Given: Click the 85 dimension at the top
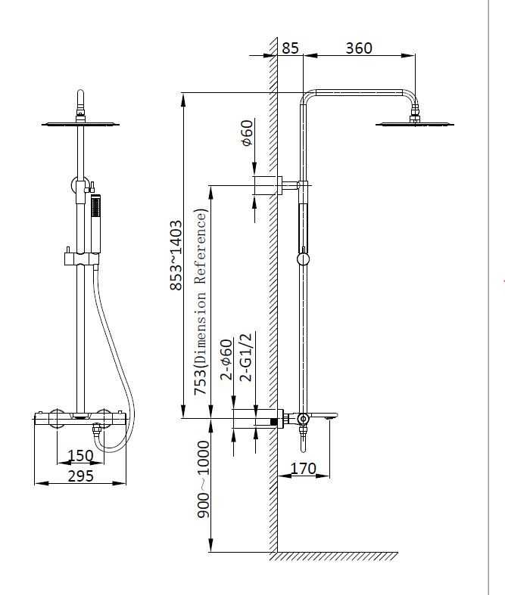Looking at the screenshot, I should click(290, 48).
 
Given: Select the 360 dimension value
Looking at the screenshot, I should click(358, 48).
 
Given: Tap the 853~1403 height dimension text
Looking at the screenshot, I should click(176, 255).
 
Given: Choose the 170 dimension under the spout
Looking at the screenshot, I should click(303, 469).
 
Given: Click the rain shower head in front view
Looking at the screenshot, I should click(80, 122).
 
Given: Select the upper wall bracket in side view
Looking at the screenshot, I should click(267, 184).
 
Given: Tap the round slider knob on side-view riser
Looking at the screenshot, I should click(303, 259).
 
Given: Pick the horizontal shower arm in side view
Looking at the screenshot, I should click(360, 94).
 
